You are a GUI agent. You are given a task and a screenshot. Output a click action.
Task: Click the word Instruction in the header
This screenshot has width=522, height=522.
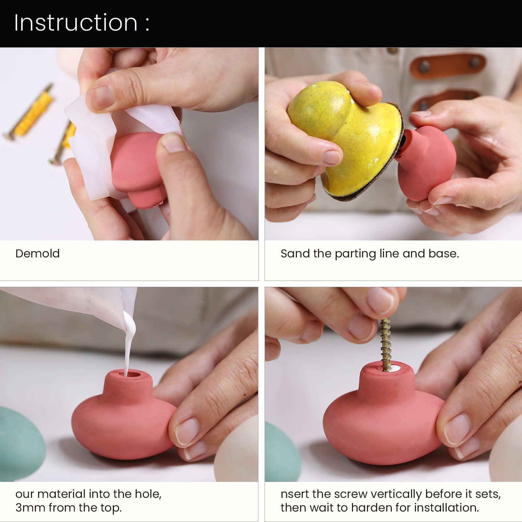(76, 23)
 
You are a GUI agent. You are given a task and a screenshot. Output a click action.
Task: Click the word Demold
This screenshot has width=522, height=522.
(38, 253)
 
